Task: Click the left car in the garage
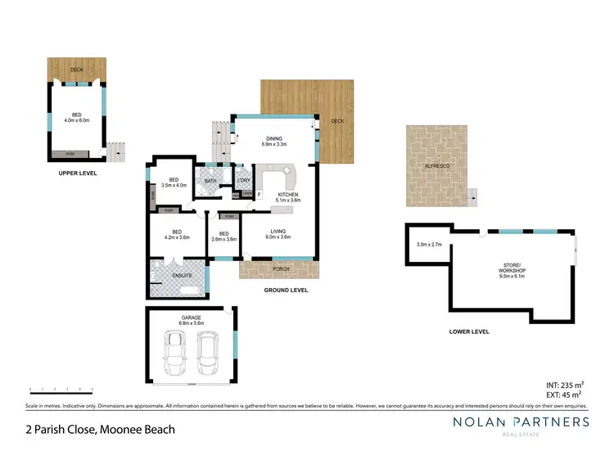pos(176,350)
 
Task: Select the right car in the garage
pos(208,350)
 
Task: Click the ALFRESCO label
pos(436,165)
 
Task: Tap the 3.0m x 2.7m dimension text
pos(429,245)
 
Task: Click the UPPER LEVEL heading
pos(79,174)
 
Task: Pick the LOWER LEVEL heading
pos(470,331)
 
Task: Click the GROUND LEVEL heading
pos(285,290)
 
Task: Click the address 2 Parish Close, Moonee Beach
pos(100,428)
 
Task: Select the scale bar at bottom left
pos(61,388)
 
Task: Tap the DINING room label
pos(273,138)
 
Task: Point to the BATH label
pos(210,181)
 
